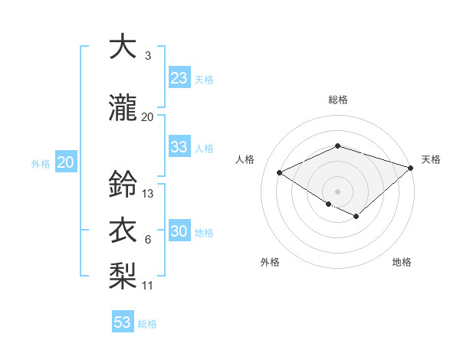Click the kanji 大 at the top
[x=123, y=47]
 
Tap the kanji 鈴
[x=123, y=185]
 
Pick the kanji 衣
[x=123, y=231]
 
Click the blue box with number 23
[x=179, y=78]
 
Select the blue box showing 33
[x=179, y=147]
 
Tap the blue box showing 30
[x=179, y=232]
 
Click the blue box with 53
[x=123, y=322]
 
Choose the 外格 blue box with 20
[x=66, y=162]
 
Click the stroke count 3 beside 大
[x=147, y=56]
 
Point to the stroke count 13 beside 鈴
[x=148, y=194]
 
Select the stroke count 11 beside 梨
[x=148, y=286]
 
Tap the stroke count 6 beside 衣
[x=147, y=240]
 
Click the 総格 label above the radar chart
[x=337, y=100]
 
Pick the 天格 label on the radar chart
[x=431, y=159]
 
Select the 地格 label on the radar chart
[x=402, y=263]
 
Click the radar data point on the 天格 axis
[x=411, y=167]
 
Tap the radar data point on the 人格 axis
[x=280, y=172]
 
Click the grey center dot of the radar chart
[x=337, y=191]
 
